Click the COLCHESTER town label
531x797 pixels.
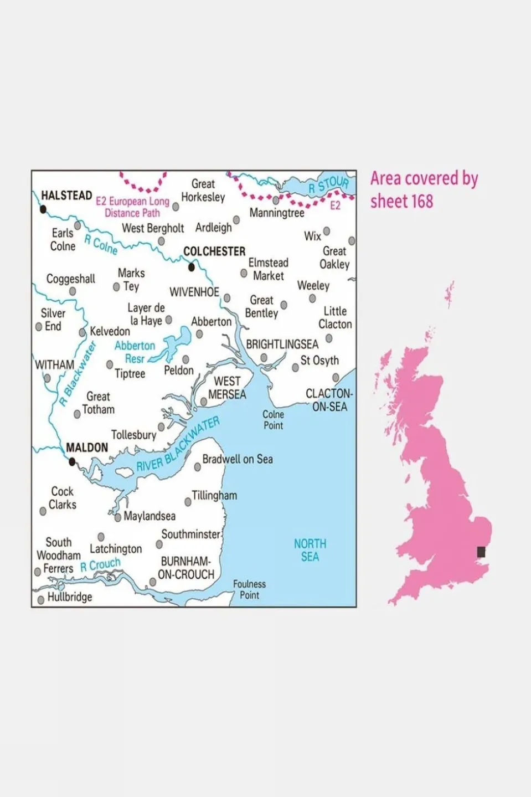[x=214, y=251]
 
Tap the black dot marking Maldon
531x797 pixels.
[x=71, y=461]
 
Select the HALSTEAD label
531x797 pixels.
[x=66, y=196]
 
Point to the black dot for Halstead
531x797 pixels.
[x=43, y=209]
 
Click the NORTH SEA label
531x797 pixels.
[x=310, y=550]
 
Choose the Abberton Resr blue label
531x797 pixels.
[x=135, y=352]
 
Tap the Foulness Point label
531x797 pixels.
[x=249, y=589]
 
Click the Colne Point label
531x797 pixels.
[x=273, y=420]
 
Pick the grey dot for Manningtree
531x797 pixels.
[x=276, y=200]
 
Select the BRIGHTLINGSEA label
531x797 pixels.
[x=282, y=344]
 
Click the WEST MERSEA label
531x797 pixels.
[x=227, y=388]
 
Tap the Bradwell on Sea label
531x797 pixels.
[x=238, y=459]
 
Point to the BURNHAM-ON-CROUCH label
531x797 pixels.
[x=186, y=568]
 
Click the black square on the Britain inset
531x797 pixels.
[x=482, y=552]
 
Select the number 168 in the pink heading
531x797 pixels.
[x=421, y=201]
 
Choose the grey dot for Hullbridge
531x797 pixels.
[x=41, y=600]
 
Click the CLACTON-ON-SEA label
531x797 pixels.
[x=329, y=400]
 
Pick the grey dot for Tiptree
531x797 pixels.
[x=110, y=364]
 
